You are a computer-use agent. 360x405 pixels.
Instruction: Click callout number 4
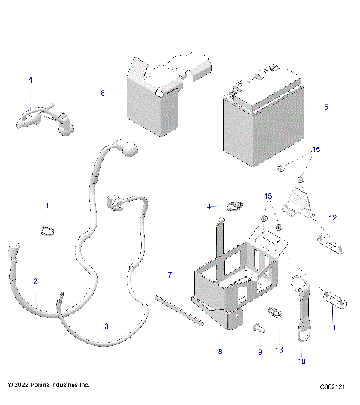tap(31, 79)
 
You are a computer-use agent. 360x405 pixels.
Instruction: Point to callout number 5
tap(325, 106)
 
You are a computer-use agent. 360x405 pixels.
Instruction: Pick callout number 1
tap(47, 205)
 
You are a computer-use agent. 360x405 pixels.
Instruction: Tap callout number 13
tap(280, 350)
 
